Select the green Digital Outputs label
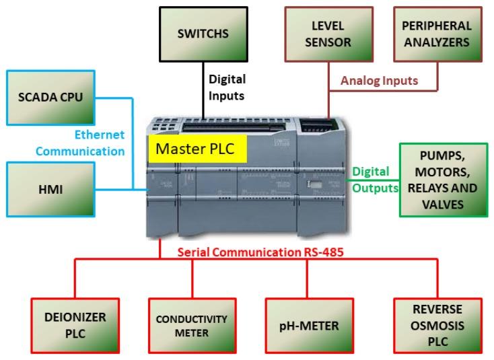pyautogui.click(x=371, y=180)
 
